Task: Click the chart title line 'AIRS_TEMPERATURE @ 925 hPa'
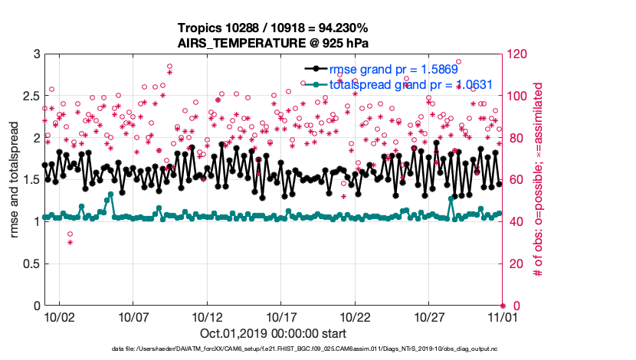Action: click(274, 43)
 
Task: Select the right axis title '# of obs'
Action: click(539, 179)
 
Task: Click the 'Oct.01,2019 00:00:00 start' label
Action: click(274, 334)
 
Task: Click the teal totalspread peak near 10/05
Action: click(111, 195)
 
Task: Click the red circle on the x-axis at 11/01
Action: click(503, 306)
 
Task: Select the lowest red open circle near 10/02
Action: click(70, 234)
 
